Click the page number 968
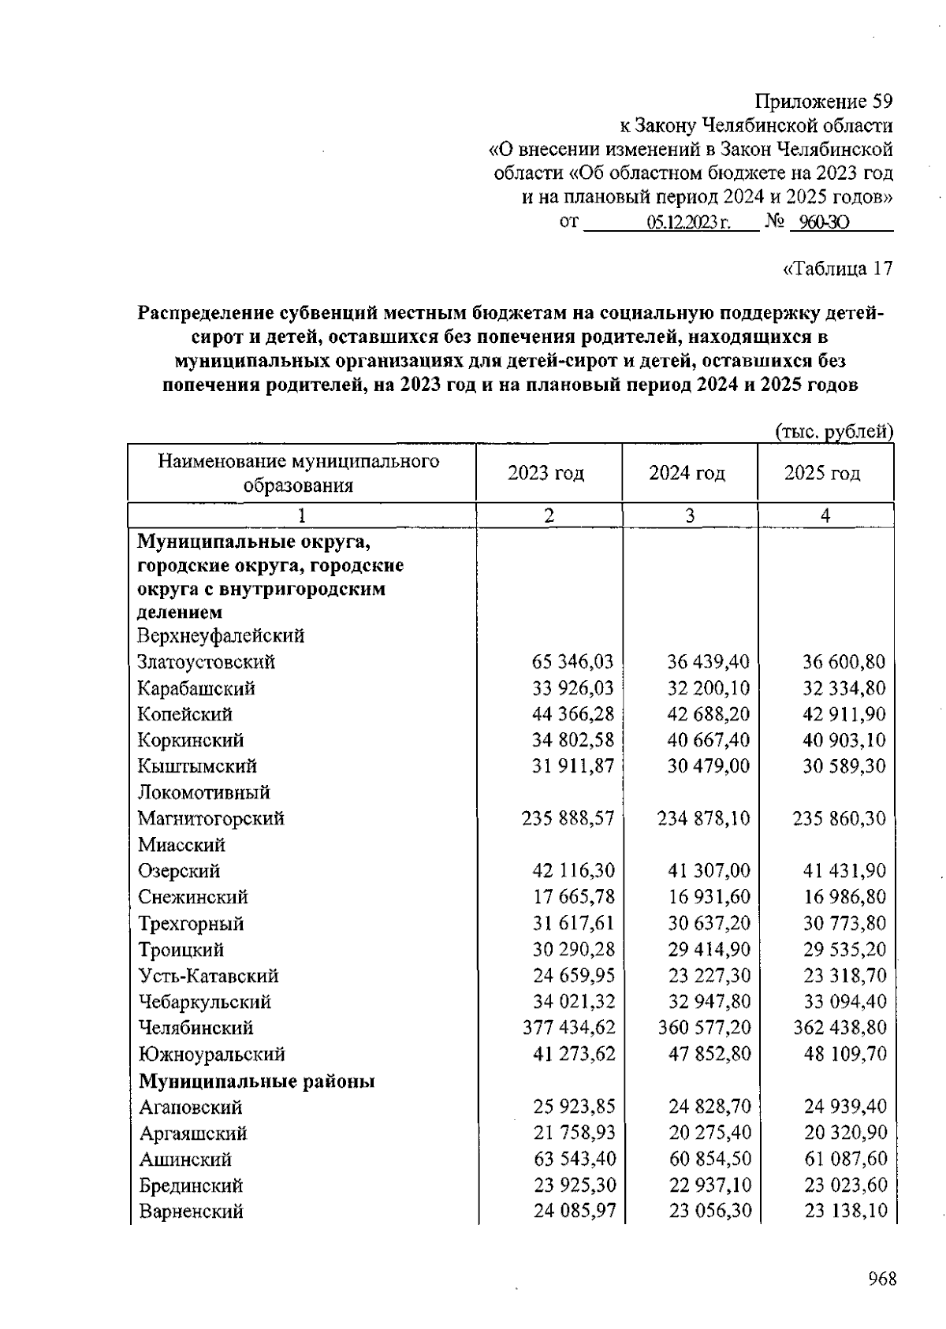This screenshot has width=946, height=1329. (881, 1279)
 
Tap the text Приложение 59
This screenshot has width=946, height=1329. (824, 102)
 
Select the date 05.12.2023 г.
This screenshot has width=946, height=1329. (688, 223)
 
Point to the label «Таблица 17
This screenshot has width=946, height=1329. (837, 269)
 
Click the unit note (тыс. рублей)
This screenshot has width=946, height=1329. (834, 431)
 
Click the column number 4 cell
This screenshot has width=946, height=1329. (825, 516)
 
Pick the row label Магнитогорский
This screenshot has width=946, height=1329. (211, 819)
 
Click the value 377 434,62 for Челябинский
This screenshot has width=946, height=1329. (568, 1028)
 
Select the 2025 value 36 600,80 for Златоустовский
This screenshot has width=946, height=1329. (844, 662)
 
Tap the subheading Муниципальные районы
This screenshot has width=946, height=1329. (256, 1081)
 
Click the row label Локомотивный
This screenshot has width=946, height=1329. (204, 792)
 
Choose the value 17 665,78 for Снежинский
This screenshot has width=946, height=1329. (573, 897)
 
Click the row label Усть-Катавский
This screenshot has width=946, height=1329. (209, 976)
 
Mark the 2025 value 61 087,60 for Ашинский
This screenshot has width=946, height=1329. (845, 1159)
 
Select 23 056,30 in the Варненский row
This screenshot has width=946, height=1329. (709, 1211)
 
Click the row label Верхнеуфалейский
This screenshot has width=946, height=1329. (221, 636)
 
